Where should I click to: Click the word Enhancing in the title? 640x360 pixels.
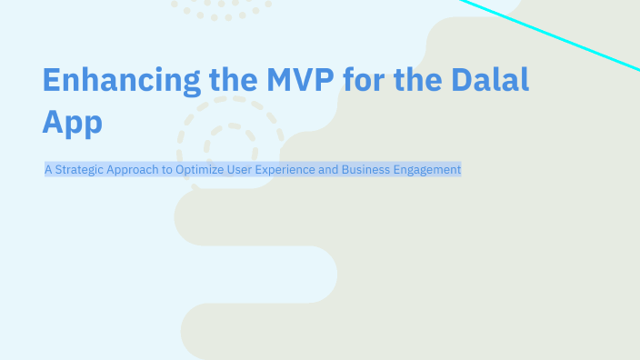coord(121,80)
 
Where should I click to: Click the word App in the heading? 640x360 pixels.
coord(72,122)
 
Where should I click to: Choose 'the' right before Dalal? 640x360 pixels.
coord(432,80)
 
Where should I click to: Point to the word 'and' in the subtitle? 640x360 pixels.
coord(329,169)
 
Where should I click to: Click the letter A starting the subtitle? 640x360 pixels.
coord(48,169)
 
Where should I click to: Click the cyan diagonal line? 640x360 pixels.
coord(545,34)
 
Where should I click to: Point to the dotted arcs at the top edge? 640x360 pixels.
coord(221,11)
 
